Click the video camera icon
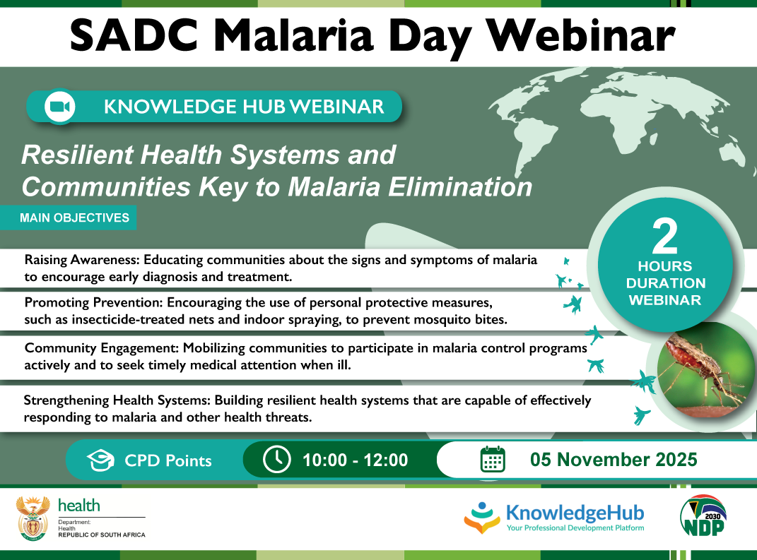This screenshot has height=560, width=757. tap(59, 107)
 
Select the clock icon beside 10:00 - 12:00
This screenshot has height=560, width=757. tap(276, 460)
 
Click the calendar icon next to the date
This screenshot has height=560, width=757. tap(493, 460)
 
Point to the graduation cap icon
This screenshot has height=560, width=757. tap(101, 460)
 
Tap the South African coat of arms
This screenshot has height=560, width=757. tap(33, 518)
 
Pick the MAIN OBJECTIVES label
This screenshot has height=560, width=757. tap(76, 218)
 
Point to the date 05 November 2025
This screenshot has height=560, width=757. tap(614, 460)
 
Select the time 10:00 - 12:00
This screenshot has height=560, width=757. tap(355, 460)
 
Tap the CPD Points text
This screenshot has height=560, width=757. tap(168, 461)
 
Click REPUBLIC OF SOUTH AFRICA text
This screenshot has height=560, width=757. tap(101, 535)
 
